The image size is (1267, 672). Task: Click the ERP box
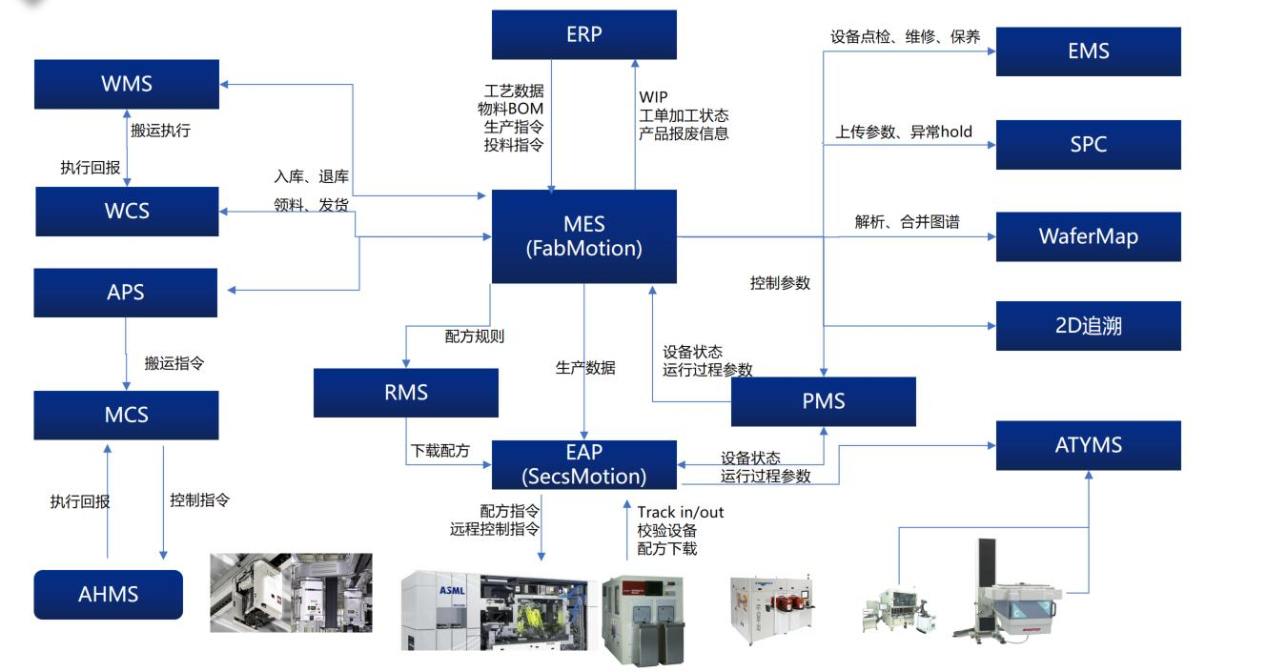point(583,34)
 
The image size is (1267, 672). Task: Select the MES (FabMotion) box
point(583,236)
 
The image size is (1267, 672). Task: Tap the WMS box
point(126,83)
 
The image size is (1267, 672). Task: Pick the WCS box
point(126,211)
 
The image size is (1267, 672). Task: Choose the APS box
point(126,292)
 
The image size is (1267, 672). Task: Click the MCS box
point(126,415)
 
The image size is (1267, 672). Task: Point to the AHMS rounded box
point(108,594)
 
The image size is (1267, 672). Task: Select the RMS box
point(405,392)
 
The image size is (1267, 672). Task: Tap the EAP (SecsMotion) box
point(583,463)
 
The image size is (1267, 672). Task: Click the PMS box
point(823,401)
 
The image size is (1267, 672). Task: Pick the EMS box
point(1088,51)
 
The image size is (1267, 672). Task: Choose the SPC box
point(1088,144)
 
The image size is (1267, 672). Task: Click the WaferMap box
point(1088,235)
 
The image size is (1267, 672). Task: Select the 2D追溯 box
point(1088,325)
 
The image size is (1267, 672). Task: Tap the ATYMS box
point(1088,445)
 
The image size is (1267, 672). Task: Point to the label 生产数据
point(585,368)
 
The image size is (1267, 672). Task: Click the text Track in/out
point(680,512)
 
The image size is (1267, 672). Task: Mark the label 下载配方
point(439,451)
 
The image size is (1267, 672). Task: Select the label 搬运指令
point(174,363)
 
